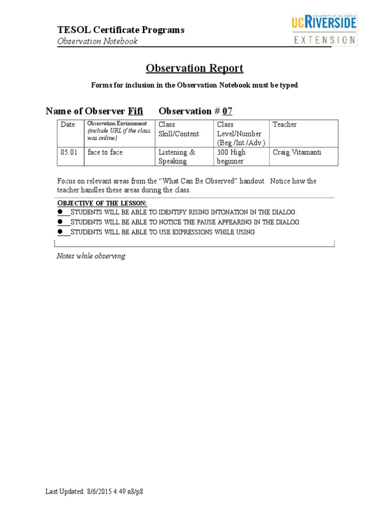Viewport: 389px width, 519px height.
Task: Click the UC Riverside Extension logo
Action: point(324,30)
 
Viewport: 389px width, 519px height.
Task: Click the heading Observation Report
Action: point(194,68)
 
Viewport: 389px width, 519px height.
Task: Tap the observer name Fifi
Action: point(135,111)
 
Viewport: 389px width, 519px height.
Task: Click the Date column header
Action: point(68,125)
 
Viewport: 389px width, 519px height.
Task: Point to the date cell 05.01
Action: point(69,152)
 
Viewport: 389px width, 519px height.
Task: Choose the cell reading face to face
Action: point(105,152)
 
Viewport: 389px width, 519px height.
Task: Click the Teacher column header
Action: point(285,125)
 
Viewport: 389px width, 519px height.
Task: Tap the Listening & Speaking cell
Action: point(177,157)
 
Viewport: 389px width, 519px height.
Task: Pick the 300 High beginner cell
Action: point(231,157)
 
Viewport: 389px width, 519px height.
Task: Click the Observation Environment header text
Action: point(117,123)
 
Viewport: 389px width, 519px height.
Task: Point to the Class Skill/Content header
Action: point(179,129)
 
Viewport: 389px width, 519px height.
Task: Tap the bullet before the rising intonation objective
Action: point(60,212)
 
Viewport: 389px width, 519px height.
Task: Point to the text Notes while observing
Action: point(91,256)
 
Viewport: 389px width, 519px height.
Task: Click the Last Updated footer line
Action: point(98,492)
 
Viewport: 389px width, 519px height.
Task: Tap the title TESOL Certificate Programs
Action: point(121,30)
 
